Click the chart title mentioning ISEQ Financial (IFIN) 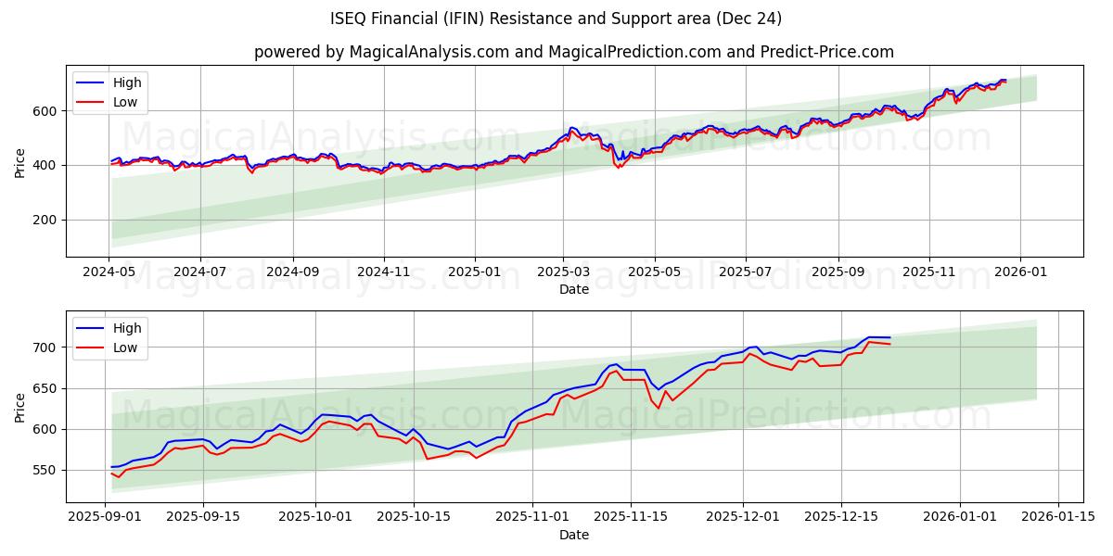(x=556, y=19)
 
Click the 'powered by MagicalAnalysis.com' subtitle (x=574, y=52)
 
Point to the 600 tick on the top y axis (x=46, y=111)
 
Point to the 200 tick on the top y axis (x=46, y=220)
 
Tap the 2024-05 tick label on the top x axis (x=109, y=272)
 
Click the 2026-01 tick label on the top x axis (x=1020, y=272)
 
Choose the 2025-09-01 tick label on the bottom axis (x=105, y=517)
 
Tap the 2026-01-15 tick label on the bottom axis (x=1057, y=517)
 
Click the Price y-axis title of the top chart (x=20, y=162)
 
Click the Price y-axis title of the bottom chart (x=20, y=407)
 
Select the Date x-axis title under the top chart (x=574, y=289)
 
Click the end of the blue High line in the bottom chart (x=889, y=337)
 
